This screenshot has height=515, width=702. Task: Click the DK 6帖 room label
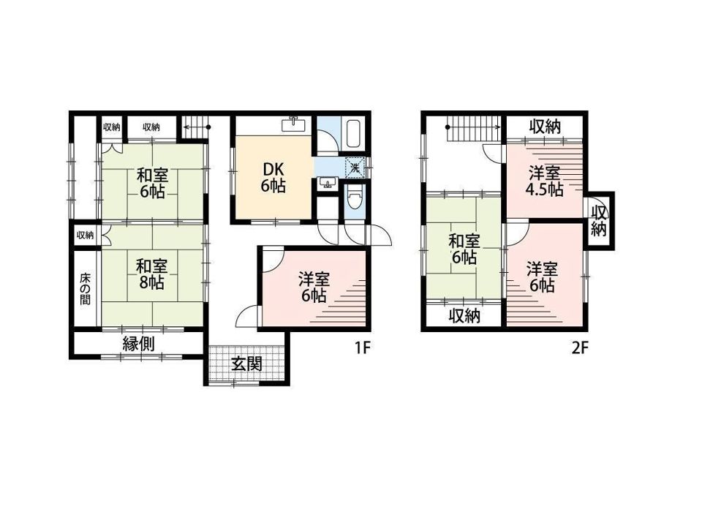(x=273, y=177)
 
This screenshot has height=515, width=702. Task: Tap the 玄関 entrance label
(x=246, y=364)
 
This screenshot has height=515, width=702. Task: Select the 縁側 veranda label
(x=139, y=344)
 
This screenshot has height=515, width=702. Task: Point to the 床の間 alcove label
(x=85, y=289)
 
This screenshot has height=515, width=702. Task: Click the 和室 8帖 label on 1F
(x=152, y=274)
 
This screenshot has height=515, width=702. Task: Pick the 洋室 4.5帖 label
(x=544, y=181)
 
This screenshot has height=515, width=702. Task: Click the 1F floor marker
(x=363, y=347)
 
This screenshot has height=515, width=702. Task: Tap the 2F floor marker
(x=579, y=347)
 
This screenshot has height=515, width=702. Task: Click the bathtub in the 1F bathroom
(x=354, y=133)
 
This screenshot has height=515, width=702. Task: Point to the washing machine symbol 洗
(x=355, y=168)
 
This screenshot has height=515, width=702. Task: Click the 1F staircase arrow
(x=196, y=127)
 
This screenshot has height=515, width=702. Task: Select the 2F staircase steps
(x=475, y=128)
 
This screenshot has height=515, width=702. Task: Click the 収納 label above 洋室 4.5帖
(x=545, y=127)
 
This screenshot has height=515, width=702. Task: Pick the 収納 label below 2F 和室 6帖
(x=464, y=316)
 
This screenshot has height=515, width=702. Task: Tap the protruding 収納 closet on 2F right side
(x=599, y=220)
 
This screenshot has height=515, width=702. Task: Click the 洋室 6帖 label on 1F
(x=314, y=287)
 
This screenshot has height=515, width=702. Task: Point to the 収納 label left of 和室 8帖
(x=85, y=235)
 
